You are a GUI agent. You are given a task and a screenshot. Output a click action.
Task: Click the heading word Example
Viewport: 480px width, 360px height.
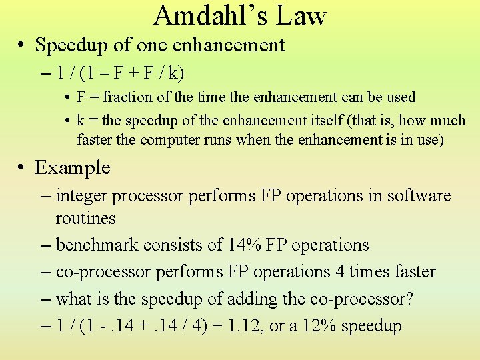click(x=73, y=167)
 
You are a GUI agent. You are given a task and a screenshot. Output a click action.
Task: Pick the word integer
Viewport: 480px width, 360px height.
click(x=82, y=196)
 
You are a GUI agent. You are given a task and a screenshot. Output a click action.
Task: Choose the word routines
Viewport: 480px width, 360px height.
click(x=86, y=219)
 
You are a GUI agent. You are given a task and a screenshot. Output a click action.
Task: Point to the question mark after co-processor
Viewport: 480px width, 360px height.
click(x=410, y=299)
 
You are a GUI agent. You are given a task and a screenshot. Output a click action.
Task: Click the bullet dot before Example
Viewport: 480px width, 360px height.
click(x=22, y=168)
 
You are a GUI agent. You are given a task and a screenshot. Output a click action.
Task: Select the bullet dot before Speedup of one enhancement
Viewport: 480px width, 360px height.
click(x=22, y=46)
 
